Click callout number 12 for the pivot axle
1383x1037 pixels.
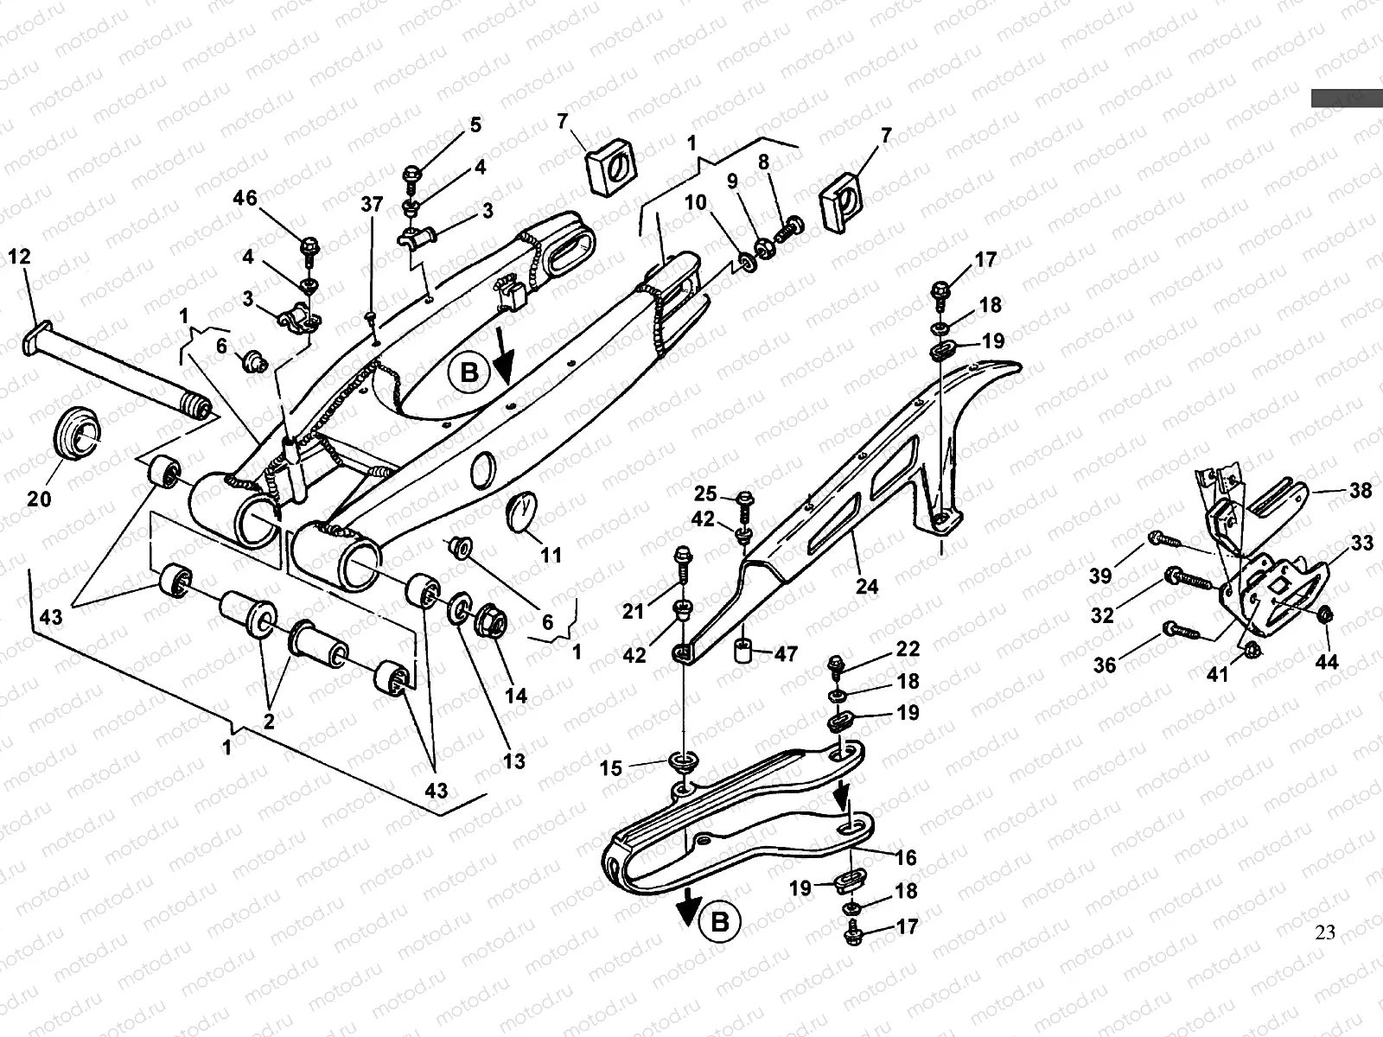point(18,257)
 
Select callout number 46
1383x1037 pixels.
point(245,199)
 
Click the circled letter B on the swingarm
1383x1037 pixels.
point(468,372)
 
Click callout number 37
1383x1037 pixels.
point(372,205)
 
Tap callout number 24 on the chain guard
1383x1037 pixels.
point(866,587)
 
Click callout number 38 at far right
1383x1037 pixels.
point(1360,491)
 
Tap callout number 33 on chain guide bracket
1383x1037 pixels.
point(1362,544)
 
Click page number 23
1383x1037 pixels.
point(1325,932)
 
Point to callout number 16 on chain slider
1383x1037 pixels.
point(905,857)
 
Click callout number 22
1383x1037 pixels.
point(907,649)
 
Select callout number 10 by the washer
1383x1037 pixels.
point(696,203)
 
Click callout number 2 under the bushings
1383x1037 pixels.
point(269,721)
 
